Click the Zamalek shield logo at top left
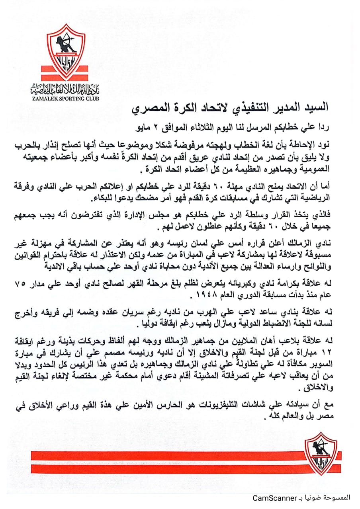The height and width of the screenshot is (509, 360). point(66,51)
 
